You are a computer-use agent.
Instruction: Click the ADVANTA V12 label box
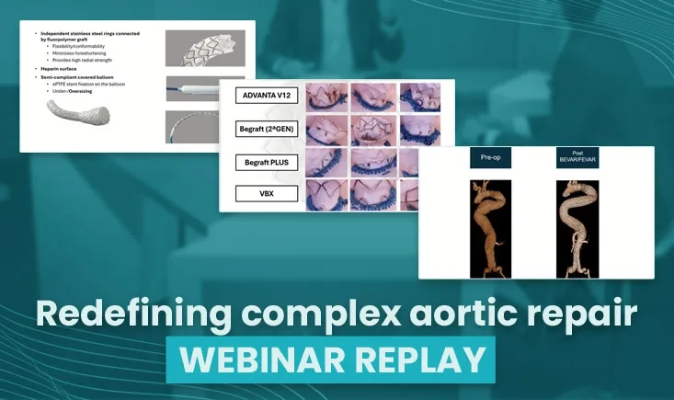(x=266, y=95)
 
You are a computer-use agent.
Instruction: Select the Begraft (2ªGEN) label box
(x=266, y=130)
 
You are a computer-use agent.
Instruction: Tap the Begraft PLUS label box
(x=266, y=163)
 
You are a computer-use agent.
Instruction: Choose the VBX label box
(x=266, y=194)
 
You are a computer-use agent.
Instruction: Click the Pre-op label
(x=490, y=158)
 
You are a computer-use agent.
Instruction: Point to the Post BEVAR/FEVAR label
(x=578, y=157)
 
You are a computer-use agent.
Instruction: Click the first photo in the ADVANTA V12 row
(x=326, y=96)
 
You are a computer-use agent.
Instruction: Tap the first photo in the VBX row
(x=326, y=195)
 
